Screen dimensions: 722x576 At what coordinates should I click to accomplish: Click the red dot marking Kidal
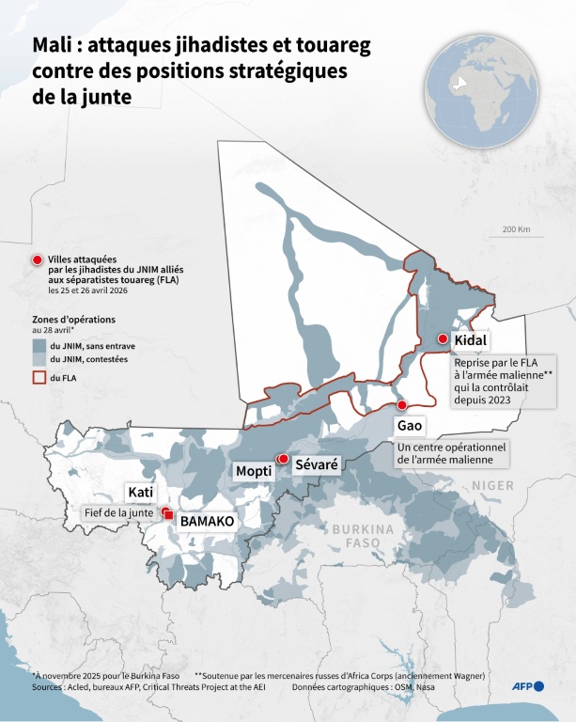(443, 339)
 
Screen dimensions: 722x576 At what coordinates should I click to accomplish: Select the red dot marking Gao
(402, 405)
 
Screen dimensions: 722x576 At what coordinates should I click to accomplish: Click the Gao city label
(411, 426)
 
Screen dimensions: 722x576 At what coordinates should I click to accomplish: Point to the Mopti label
(254, 470)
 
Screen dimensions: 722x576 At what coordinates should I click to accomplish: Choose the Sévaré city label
(315, 463)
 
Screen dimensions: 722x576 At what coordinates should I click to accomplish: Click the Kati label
(140, 492)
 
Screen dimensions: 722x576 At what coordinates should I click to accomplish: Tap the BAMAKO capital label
(207, 520)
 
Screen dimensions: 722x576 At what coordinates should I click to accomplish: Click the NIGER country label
(493, 485)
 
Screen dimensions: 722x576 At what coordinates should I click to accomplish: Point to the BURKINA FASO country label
(363, 536)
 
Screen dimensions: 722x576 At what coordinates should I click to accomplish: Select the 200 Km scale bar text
(516, 229)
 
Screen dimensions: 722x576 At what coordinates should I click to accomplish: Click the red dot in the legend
(38, 260)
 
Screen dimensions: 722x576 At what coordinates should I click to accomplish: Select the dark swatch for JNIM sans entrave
(39, 345)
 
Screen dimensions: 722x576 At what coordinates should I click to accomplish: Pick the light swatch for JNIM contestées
(39, 359)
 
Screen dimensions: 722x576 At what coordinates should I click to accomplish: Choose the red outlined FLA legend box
(39, 377)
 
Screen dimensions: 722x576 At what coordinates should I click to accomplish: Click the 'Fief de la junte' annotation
(117, 512)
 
